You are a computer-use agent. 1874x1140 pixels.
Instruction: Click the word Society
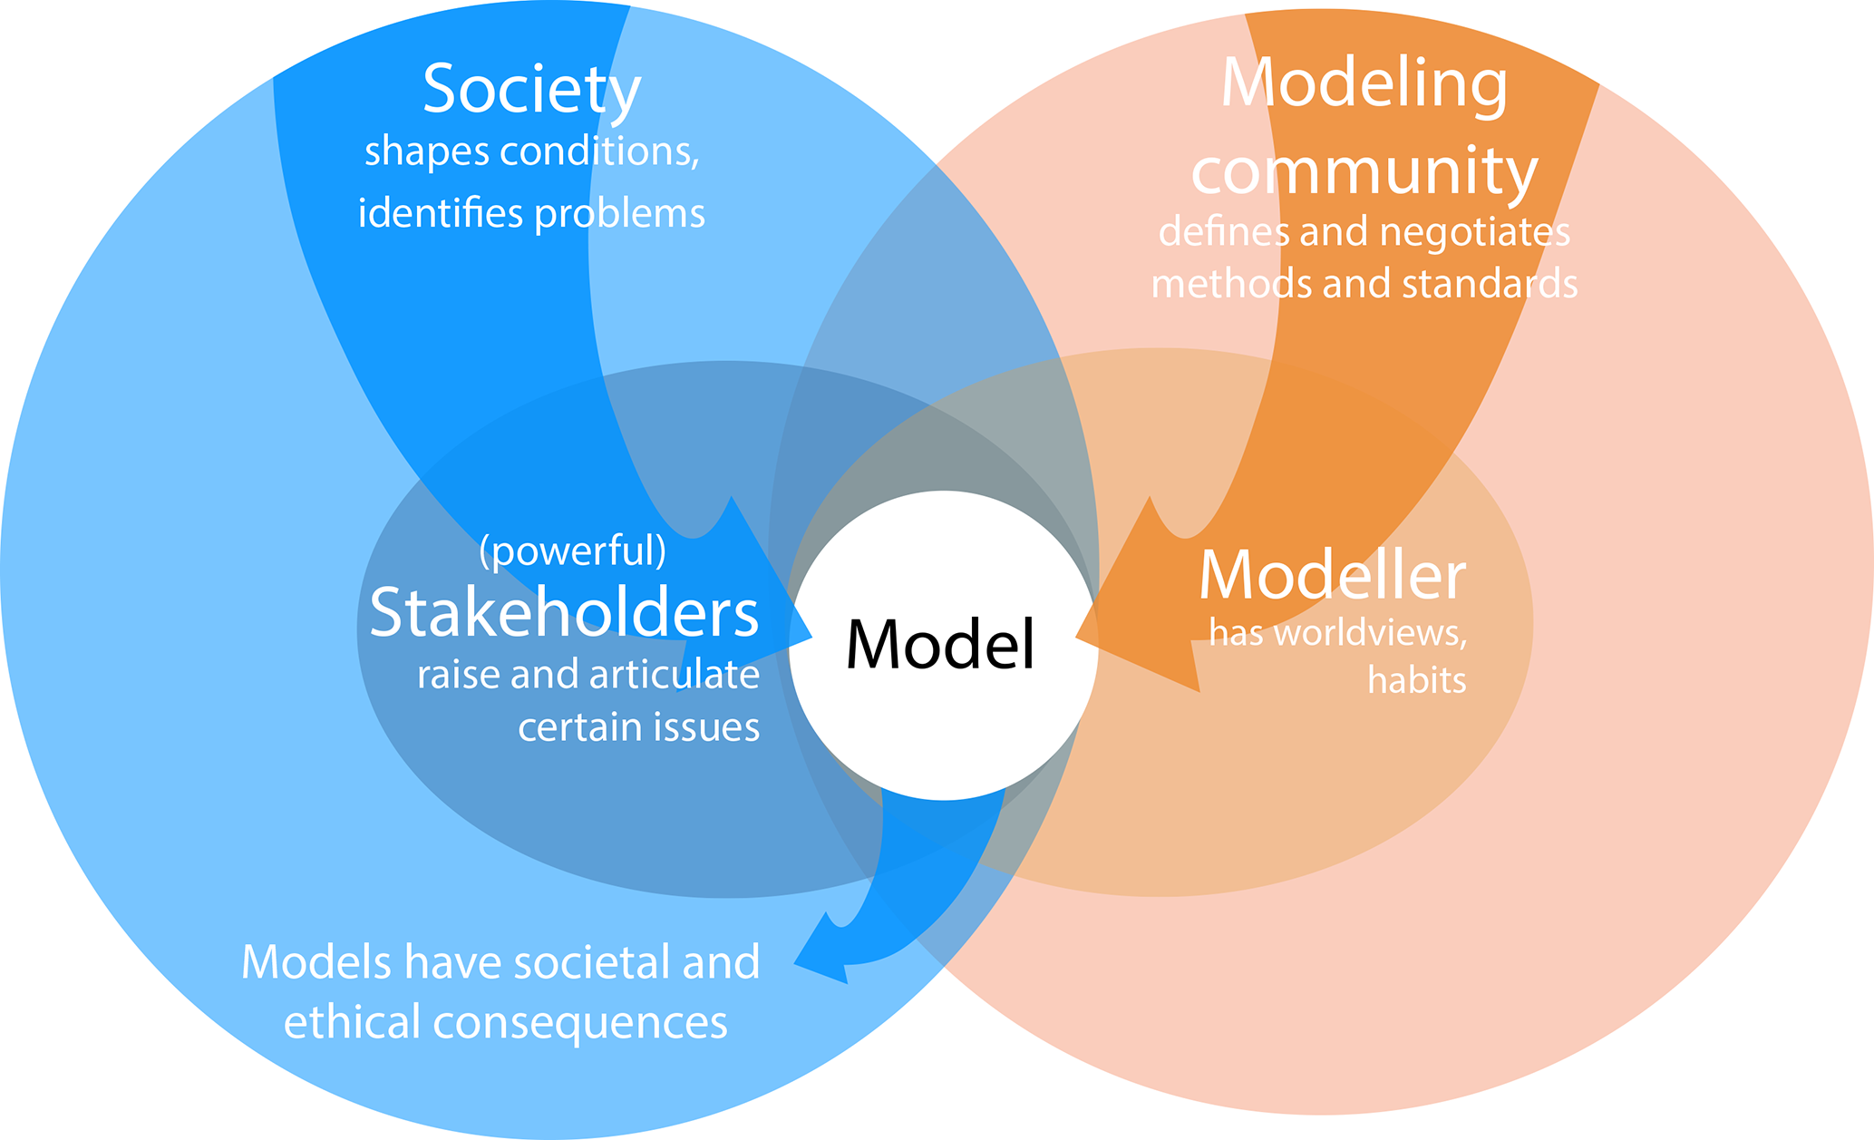coord(531,91)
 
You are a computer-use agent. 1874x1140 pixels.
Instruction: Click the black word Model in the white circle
coord(940,645)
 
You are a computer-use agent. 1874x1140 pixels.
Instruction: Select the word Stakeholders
coord(564,612)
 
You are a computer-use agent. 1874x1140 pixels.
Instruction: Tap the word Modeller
coord(1332,576)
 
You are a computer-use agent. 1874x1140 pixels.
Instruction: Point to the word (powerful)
coord(572,551)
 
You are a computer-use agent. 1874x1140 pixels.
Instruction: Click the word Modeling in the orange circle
coord(1364,84)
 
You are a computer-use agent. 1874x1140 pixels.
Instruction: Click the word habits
coord(1416,679)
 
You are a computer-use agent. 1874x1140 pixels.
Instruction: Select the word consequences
coord(580,1023)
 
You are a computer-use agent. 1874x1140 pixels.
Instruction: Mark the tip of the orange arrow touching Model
coord(1079,637)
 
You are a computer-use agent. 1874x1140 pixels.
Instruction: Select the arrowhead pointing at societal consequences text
coord(798,962)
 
